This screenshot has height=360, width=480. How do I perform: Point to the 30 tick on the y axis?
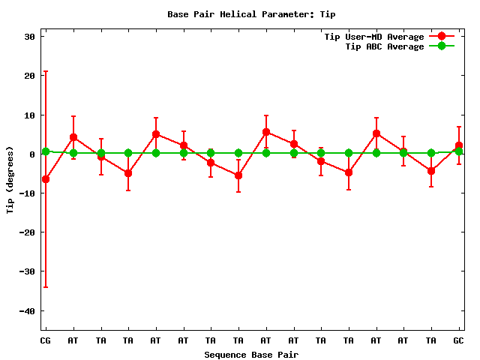(x=31, y=37)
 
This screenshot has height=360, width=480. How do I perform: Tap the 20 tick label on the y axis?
(x=31, y=76)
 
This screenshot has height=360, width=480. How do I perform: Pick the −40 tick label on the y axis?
(x=28, y=310)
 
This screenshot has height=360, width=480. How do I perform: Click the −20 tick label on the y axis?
(x=28, y=232)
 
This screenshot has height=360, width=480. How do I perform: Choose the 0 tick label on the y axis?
(x=34, y=154)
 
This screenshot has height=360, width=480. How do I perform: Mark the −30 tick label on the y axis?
(x=28, y=271)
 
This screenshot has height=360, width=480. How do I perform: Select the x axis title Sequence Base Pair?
(x=251, y=354)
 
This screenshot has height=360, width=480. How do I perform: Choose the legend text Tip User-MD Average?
(x=373, y=37)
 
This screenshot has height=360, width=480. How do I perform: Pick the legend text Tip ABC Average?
(x=384, y=46)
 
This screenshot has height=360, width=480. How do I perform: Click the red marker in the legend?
(x=442, y=37)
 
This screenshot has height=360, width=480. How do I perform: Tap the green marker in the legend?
(x=442, y=46)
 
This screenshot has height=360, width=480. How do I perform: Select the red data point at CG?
(x=46, y=179)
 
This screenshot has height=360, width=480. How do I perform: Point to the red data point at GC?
(x=459, y=145)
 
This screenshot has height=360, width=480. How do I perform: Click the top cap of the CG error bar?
(x=46, y=71)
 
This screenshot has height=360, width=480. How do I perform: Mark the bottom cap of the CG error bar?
(x=46, y=287)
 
